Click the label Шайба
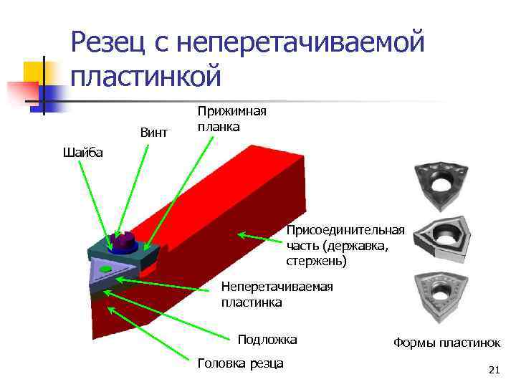coord(83,152)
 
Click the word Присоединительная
coord(345,230)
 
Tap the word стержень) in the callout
coord(316,262)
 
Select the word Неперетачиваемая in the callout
coord(277,287)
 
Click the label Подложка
coord(267,339)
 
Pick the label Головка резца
coord(239,363)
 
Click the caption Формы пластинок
coord(446,343)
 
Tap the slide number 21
coord(492,370)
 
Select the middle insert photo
coord(442,237)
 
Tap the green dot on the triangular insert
coord(105,269)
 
